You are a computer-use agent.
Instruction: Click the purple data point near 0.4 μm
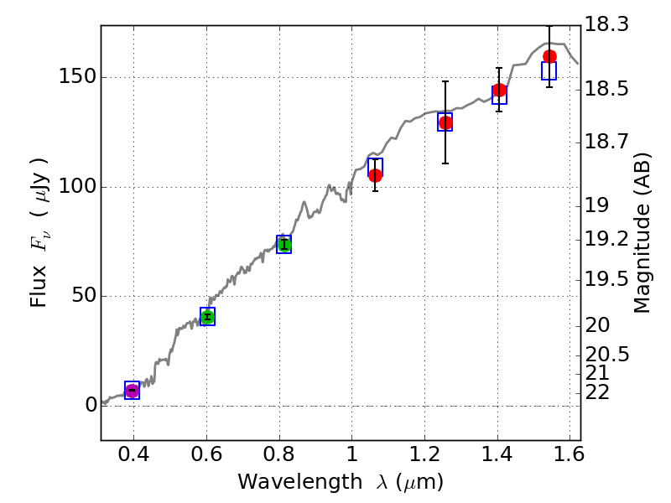pyautogui.click(x=132, y=391)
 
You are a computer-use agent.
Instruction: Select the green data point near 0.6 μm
pyautogui.click(x=207, y=317)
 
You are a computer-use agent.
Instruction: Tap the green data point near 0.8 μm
pyautogui.click(x=284, y=245)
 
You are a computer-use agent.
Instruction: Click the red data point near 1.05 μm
pyautogui.click(x=375, y=175)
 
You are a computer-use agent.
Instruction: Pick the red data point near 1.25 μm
pyautogui.click(x=445, y=122)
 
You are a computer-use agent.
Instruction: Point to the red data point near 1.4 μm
pyautogui.click(x=499, y=91)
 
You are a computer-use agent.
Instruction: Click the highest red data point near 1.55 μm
pyautogui.click(x=549, y=57)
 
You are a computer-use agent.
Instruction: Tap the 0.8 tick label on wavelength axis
pyautogui.click(x=279, y=458)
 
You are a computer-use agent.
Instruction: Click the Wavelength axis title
pyautogui.click(x=341, y=483)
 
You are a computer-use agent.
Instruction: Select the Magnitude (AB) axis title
pyautogui.click(x=643, y=233)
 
